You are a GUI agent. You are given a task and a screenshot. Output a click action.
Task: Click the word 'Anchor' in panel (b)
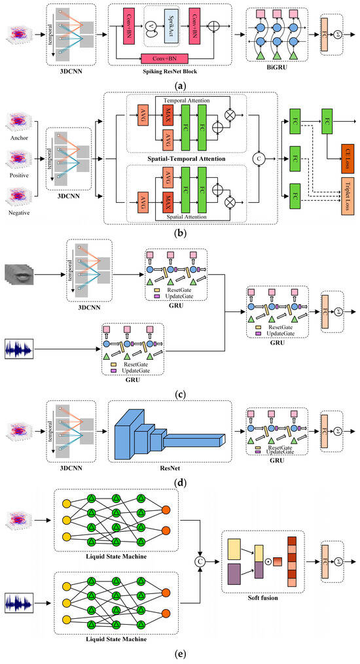click(x=20, y=137)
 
